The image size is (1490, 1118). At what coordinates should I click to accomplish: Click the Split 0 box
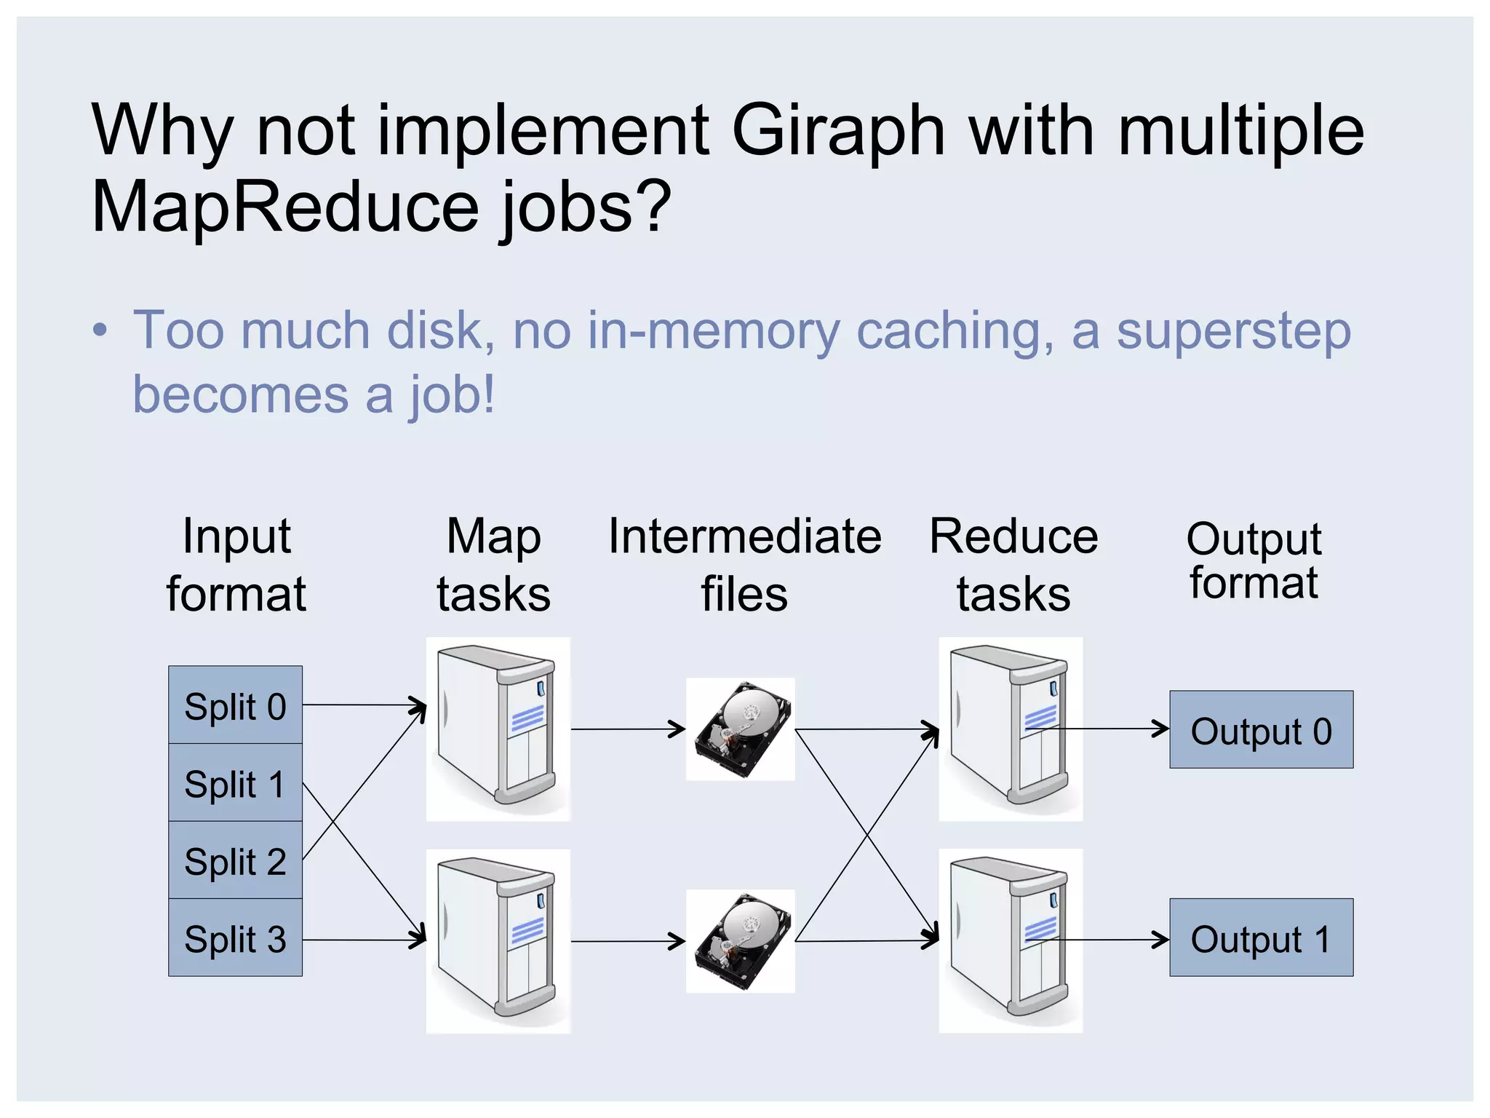[x=235, y=705]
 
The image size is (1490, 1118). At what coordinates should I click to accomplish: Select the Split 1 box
[x=235, y=782]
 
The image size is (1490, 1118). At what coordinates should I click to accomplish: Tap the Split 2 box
[x=235, y=860]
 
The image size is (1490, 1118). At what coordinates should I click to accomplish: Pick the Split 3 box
[x=235, y=937]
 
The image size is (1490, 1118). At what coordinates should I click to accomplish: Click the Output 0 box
[x=1261, y=729]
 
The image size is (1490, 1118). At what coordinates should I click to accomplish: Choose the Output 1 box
[x=1261, y=937]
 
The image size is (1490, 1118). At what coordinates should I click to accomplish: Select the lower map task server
[x=498, y=940]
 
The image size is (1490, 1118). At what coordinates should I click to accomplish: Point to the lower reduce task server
[x=1011, y=940]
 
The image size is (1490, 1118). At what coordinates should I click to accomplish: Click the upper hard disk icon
[x=741, y=729]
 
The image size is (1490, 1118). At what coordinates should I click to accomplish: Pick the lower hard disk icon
[x=741, y=940]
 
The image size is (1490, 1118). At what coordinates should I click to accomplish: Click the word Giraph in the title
[x=838, y=131]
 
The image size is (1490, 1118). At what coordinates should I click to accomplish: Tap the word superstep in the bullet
[x=1233, y=331]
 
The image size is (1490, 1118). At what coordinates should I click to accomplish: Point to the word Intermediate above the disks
[x=745, y=536]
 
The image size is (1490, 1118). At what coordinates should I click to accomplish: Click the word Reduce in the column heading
[x=1013, y=536]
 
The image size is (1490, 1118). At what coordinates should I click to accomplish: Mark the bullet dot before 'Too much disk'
[x=100, y=331]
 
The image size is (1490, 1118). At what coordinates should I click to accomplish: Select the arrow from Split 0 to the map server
[x=364, y=705]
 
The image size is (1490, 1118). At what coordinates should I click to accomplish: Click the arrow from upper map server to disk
[x=627, y=729]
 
